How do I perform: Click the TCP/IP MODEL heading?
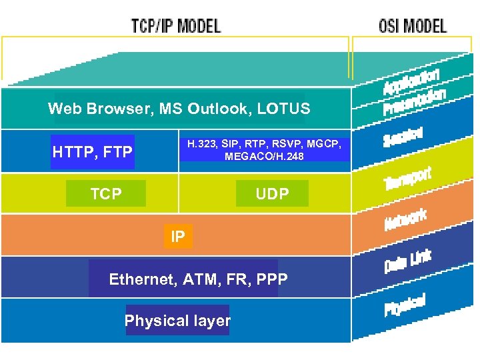click(x=176, y=26)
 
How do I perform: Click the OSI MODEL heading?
click(x=413, y=26)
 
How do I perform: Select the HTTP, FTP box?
click(x=93, y=153)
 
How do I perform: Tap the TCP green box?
click(x=106, y=194)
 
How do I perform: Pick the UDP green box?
click(x=273, y=194)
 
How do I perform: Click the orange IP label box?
click(x=178, y=236)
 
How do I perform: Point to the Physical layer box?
click(x=177, y=321)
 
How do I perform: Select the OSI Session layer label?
click(x=403, y=137)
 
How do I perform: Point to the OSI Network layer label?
click(x=405, y=220)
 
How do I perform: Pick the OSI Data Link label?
click(x=407, y=261)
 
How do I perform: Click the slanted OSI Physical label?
click(x=405, y=305)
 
